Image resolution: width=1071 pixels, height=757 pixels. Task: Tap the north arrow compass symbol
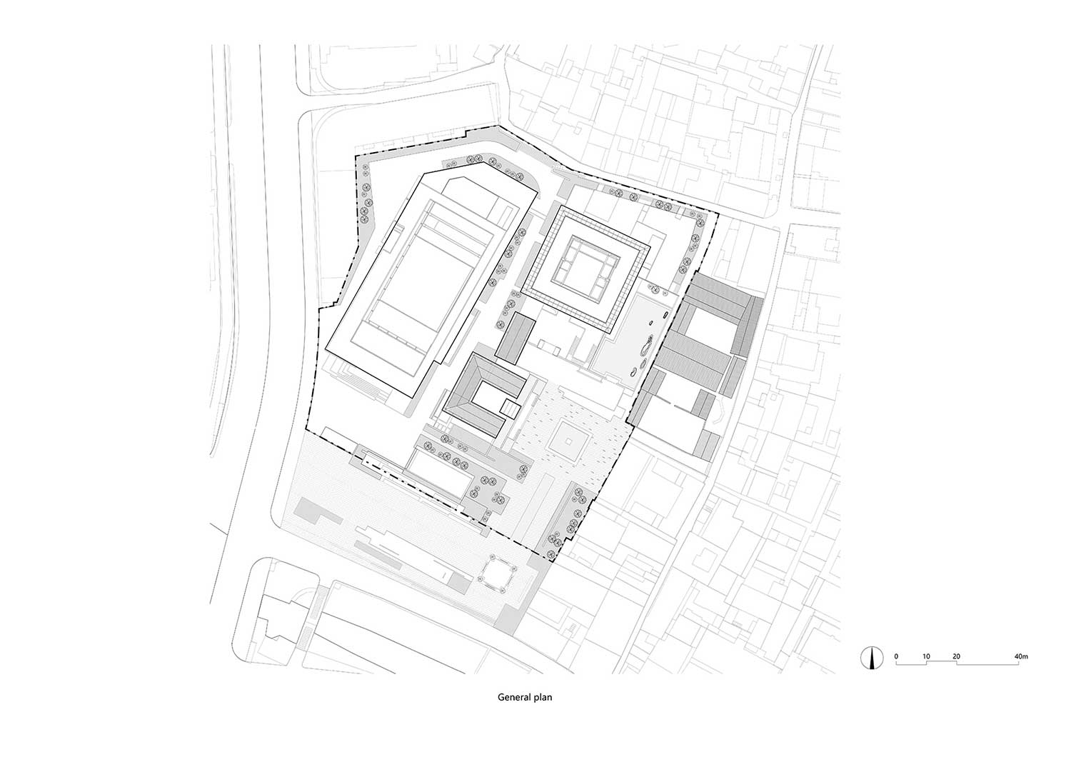pyautogui.click(x=872, y=658)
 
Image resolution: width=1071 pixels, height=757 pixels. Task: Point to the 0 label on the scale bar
pyautogui.click(x=896, y=656)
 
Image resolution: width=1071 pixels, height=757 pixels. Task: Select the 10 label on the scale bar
pyautogui.click(x=926, y=656)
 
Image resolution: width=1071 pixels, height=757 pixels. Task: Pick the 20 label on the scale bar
pyautogui.click(x=956, y=656)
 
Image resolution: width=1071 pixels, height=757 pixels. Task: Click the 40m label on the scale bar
pyautogui.click(x=1021, y=656)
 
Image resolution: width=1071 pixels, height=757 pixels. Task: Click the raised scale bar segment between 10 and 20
pyautogui.click(x=941, y=661)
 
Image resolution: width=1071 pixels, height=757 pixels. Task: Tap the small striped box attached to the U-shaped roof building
pyautogui.click(x=511, y=408)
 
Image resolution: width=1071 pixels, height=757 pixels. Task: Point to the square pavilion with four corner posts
pyautogui.click(x=498, y=579)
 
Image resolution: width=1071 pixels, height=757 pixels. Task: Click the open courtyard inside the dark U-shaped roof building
pyautogui.click(x=488, y=399)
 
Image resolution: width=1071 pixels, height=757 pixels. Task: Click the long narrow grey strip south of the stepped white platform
pyautogui.click(x=378, y=553)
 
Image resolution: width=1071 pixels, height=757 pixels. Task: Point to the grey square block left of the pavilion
pyautogui.click(x=458, y=583)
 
